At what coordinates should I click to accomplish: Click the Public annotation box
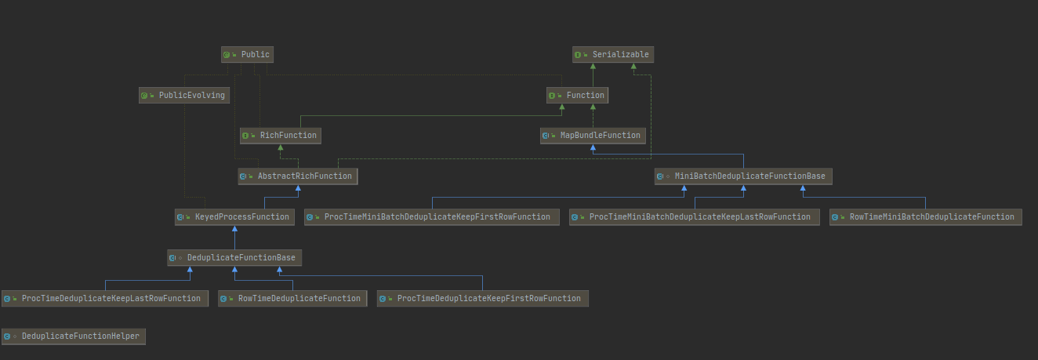coord(247,55)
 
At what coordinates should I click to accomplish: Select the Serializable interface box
coord(612,55)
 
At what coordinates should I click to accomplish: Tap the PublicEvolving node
coord(183,96)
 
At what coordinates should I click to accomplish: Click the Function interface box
coord(577,96)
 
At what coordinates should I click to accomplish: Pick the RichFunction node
coord(280,136)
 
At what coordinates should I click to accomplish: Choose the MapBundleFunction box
coord(593,136)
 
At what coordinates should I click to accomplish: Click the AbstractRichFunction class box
coord(297,176)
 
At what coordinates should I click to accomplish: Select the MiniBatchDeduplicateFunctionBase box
coord(742,176)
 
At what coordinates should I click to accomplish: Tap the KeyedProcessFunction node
coord(234,217)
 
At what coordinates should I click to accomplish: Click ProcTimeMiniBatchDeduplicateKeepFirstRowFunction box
coord(431,217)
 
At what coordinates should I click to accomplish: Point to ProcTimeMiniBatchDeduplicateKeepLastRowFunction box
coord(694,217)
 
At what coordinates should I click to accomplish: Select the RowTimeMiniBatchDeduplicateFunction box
coord(925,217)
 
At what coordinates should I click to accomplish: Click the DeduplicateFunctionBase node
coord(234,258)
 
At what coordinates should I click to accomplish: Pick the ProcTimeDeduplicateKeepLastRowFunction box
coord(104,299)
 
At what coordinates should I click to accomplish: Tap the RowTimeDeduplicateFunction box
coord(292,299)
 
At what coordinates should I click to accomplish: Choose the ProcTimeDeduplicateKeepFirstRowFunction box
coord(482,299)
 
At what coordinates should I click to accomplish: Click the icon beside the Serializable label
coord(579,55)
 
